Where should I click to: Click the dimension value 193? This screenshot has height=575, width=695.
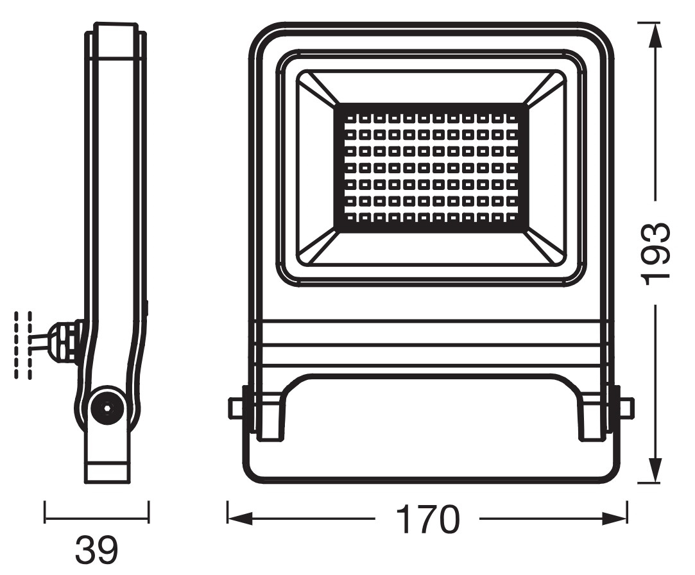tap(656, 253)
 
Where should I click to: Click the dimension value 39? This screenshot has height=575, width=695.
tap(97, 550)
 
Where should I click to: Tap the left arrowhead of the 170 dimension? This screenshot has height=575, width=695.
tap(239, 519)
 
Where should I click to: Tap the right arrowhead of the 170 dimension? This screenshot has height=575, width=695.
tap(615, 519)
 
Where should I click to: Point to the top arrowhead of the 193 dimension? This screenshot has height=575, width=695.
tap(656, 35)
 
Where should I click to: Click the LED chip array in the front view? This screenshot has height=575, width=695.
tap(431, 167)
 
